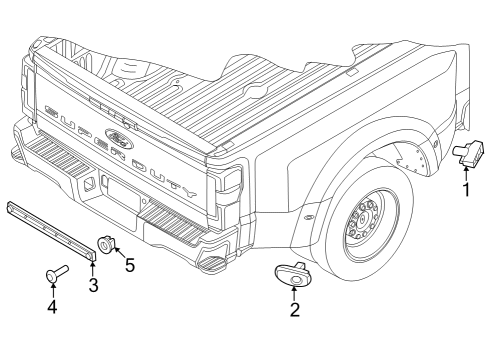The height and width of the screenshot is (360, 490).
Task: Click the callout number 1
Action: pos(465,188)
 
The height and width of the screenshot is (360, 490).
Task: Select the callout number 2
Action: pos(294,309)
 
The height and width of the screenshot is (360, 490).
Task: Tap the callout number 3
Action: pos(92,287)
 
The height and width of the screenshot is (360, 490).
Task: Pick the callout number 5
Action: pos(128,267)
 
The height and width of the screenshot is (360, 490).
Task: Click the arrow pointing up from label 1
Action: pos(465,171)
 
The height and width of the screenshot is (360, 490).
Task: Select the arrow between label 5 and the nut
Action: pos(117,255)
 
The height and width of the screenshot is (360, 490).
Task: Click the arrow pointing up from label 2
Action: pos(294,292)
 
